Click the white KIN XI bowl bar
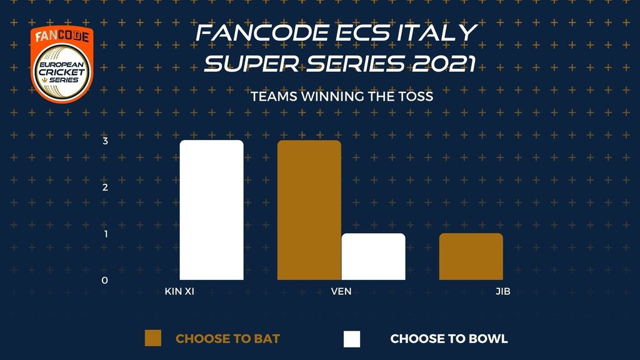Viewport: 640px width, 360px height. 211,210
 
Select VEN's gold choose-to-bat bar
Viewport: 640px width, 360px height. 309,210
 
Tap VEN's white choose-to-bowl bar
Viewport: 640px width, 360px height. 374,256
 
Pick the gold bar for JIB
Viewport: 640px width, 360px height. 471,256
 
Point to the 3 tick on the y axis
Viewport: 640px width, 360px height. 105,141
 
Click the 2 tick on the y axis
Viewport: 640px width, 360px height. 105,187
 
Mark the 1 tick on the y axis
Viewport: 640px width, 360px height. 106,234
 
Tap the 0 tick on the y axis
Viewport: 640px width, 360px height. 105,281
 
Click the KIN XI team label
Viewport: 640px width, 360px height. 179,291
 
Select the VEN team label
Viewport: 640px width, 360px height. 341,291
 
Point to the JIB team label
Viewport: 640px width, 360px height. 503,291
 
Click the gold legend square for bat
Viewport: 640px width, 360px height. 153,338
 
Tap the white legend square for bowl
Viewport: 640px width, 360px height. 352,339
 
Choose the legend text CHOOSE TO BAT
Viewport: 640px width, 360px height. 227,339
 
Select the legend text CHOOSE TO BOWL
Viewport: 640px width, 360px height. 449,339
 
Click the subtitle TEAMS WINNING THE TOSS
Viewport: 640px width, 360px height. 342,97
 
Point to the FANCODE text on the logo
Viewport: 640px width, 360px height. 62,36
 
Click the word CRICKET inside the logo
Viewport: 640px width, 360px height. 62,72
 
